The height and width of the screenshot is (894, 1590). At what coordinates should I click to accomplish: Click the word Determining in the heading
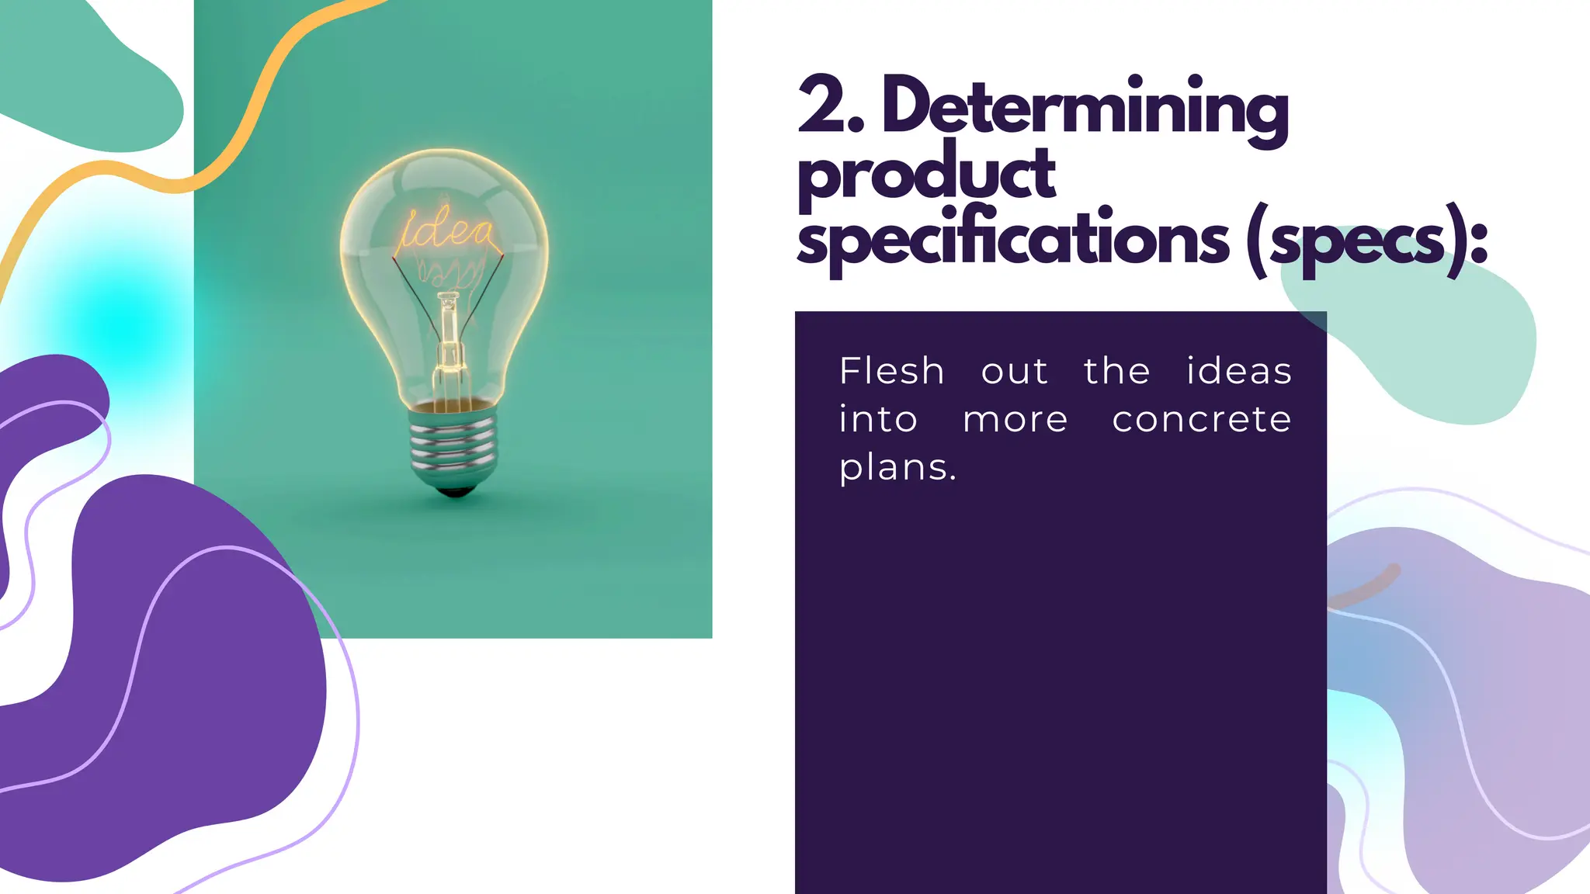[x=1085, y=109]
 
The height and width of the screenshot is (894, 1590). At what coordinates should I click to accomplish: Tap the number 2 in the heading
[x=821, y=106]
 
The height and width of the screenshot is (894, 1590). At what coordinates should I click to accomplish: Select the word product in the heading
[x=926, y=175]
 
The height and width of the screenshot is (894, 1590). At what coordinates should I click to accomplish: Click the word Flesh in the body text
[x=892, y=371]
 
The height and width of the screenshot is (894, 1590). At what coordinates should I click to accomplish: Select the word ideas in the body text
[x=1239, y=371]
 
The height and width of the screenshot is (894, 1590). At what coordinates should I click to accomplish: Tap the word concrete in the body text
[x=1202, y=420]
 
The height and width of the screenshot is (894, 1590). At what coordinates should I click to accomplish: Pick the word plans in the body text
[x=897, y=468]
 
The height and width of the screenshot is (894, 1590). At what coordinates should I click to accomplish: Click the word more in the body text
[x=1015, y=420]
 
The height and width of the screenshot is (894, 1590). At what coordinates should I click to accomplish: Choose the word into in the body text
[x=878, y=420]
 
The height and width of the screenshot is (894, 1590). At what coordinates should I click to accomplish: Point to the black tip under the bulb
[x=456, y=492]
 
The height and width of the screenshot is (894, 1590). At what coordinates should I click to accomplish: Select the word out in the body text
[x=1015, y=371]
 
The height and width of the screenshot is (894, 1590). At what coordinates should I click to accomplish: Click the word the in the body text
[x=1117, y=371]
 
